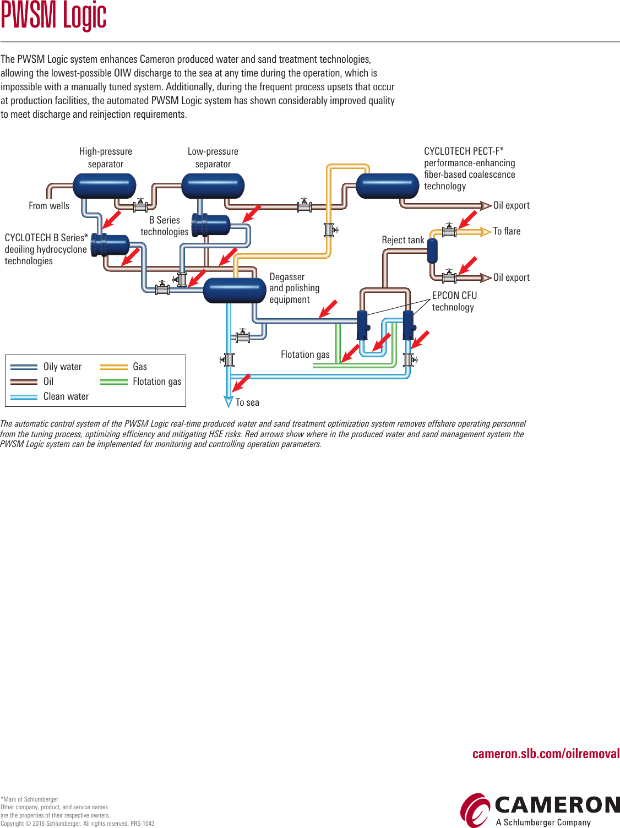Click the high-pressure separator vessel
105,186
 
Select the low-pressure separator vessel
213,186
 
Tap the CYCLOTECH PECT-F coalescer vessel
388,186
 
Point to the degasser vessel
235,290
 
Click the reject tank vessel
432,251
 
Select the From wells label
49,206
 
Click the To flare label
507,231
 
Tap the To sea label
247,402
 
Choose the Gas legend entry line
114,367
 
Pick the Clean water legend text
66,396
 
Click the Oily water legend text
62,367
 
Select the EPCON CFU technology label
454,301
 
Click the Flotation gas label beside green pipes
305,355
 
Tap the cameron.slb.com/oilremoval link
546,754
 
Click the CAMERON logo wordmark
557,805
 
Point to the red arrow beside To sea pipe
241,382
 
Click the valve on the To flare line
449,231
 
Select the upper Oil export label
511,205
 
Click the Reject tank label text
403,240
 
